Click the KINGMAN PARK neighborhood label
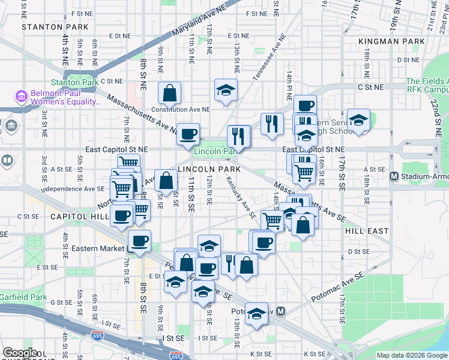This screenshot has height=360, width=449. (x=391, y=41)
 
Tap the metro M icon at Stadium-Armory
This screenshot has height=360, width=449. (x=394, y=176)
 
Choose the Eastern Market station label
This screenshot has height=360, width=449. (x=97, y=248)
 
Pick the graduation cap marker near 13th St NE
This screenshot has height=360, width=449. (x=226, y=90)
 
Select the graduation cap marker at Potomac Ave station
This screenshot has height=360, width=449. (x=256, y=314)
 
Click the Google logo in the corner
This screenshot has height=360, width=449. (x=20, y=353)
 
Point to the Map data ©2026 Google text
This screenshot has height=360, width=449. (x=412, y=355)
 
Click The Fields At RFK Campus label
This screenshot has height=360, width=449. (x=427, y=85)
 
